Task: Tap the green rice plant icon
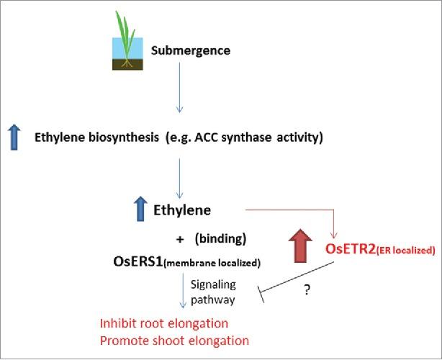(128, 36)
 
